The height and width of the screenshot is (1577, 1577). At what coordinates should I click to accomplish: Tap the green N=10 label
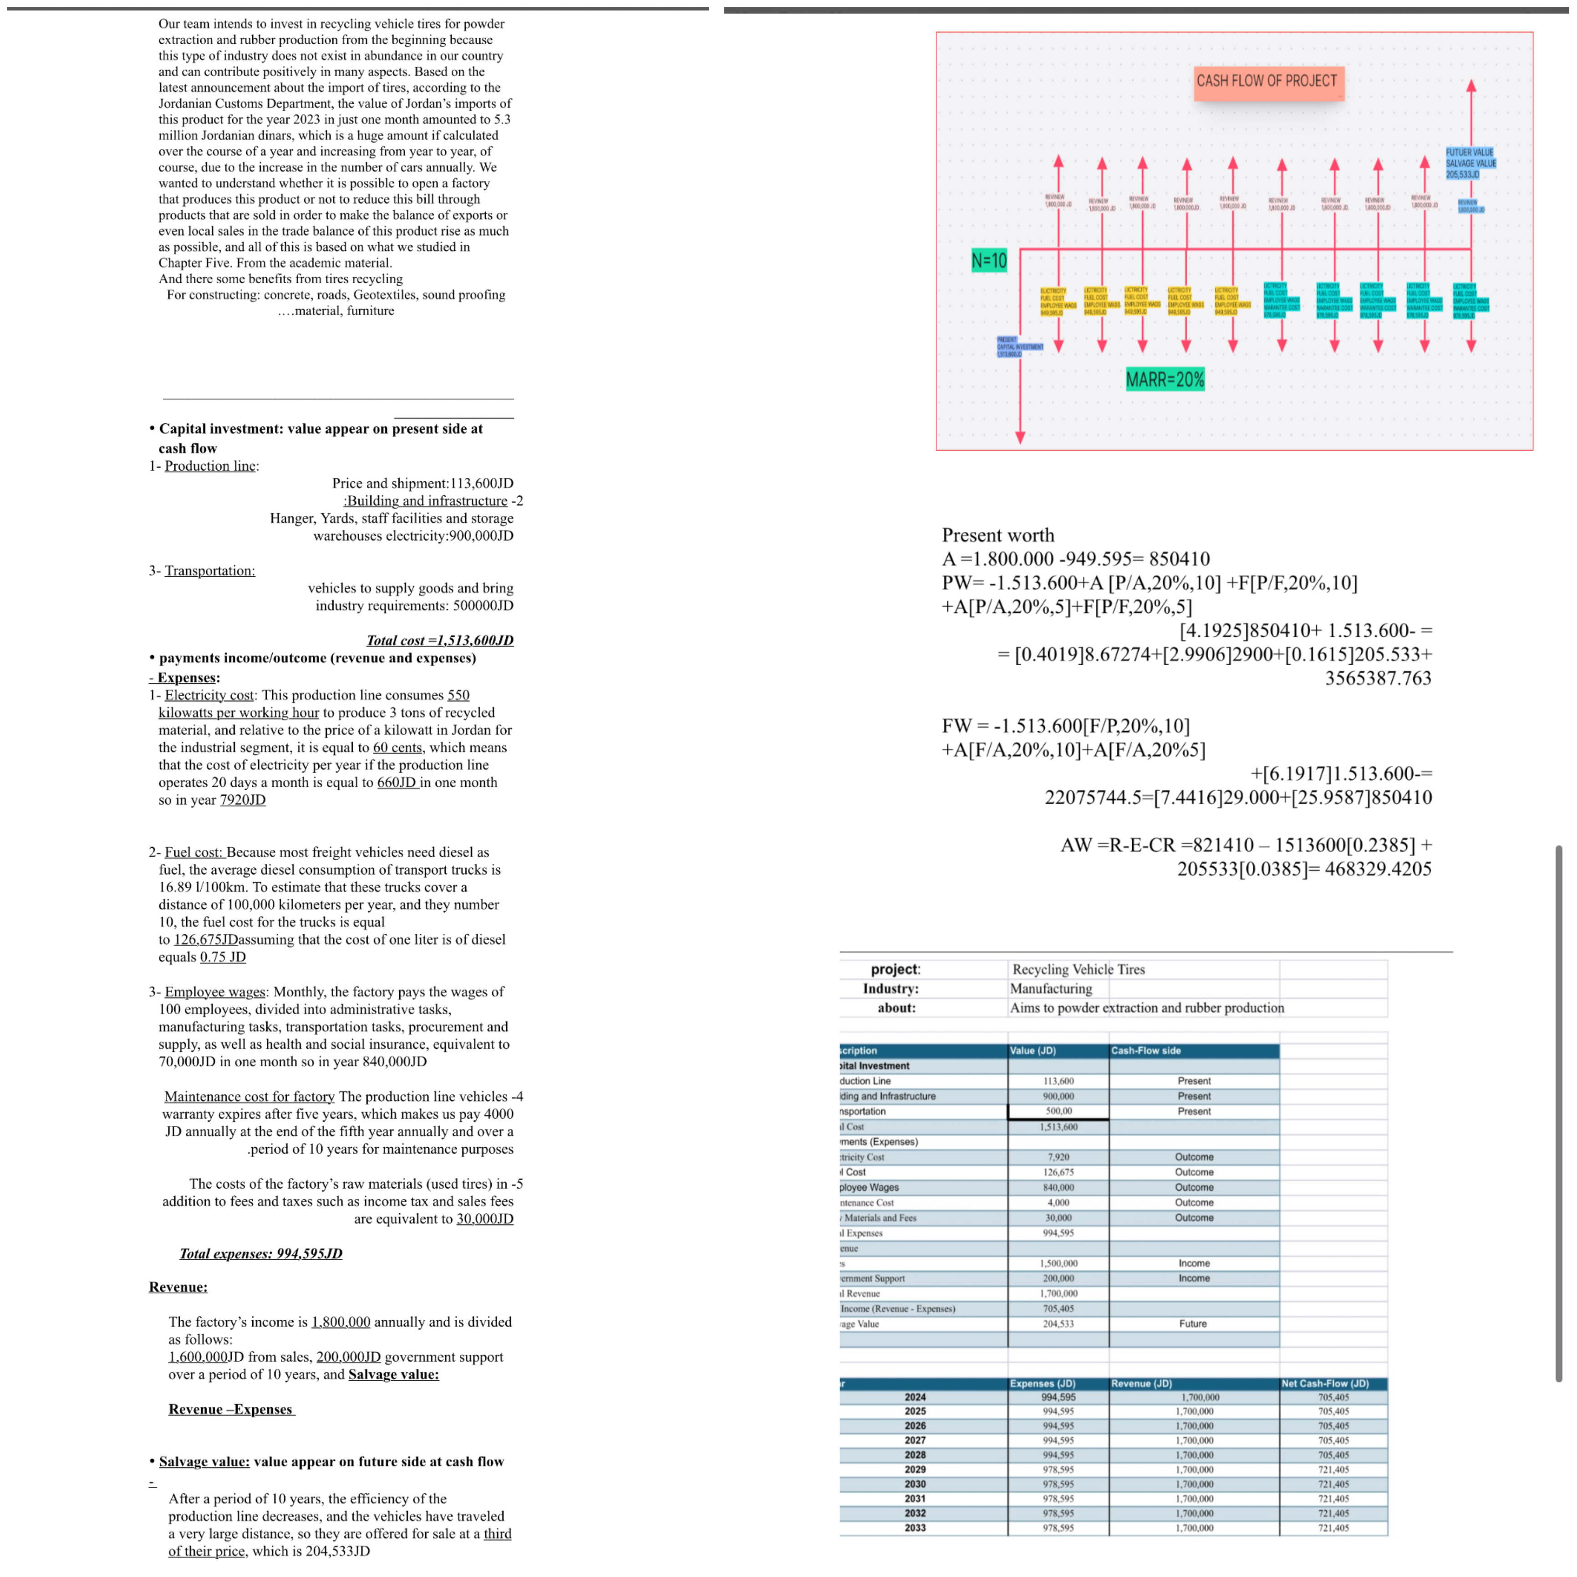point(988,260)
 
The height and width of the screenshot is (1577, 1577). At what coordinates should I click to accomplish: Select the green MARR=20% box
point(1165,379)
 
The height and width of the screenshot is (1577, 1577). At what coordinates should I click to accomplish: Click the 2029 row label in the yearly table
point(915,1469)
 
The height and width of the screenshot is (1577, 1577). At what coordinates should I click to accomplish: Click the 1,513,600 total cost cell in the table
point(1058,1126)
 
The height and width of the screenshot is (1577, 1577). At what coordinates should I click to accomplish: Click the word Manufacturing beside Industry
point(1051,988)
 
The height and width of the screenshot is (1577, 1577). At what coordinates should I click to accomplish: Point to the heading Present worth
point(997,534)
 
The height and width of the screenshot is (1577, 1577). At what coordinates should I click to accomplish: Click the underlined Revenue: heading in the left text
point(178,1287)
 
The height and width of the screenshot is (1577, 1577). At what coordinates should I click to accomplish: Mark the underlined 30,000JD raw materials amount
point(485,1219)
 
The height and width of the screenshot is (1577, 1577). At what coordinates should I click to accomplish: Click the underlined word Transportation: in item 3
point(210,570)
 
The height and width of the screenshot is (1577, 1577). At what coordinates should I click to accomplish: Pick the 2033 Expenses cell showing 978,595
point(1058,1527)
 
